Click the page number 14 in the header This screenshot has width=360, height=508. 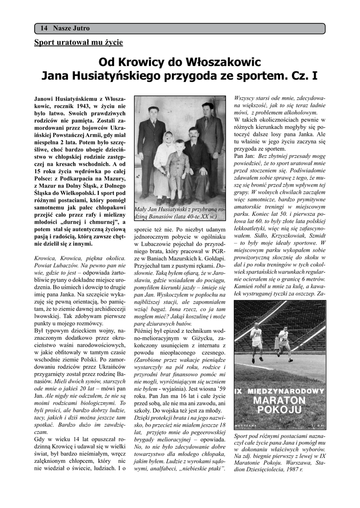coord(43,28)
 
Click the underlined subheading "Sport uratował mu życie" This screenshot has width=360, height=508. coord(78,42)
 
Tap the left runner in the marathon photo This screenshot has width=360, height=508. coord(257,344)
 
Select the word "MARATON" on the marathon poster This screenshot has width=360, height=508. coord(280,399)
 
